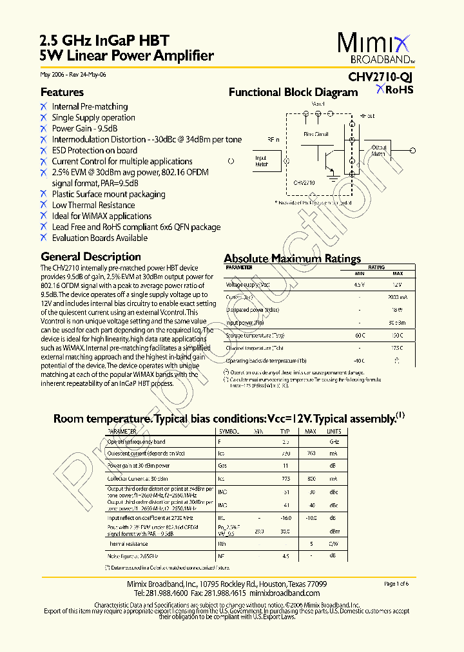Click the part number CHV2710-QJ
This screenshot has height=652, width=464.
(x=381, y=77)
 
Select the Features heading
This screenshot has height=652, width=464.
(x=62, y=92)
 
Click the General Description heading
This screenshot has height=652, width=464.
(x=90, y=256)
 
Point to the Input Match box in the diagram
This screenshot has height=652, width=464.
(x=261, y=161)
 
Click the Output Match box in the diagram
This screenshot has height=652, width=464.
(x=378, y=151)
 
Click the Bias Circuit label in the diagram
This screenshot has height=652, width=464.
(x=316, y=135)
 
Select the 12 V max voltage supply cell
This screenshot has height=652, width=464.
(x=398, y=284)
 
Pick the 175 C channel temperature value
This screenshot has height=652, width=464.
(x=398, y=348)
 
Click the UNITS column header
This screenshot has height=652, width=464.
(x=334, y=430)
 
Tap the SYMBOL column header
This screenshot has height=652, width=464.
(x=230, y=430)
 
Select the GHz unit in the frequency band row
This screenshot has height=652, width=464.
(x=334, y=442)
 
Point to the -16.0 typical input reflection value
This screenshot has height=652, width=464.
(x=285, y=517)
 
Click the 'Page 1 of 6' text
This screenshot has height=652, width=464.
(x=396, y=584)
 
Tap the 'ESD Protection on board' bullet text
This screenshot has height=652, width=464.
(x=95, y=150)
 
